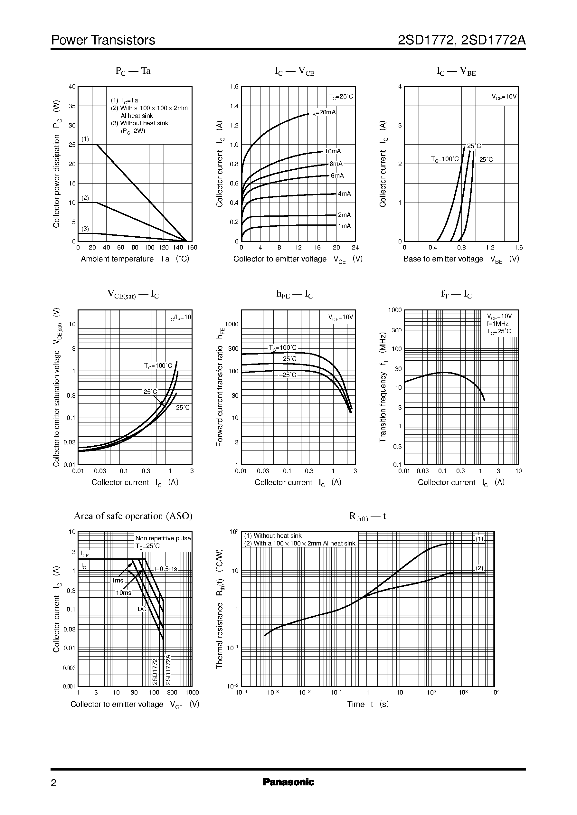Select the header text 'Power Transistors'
click(103, 40)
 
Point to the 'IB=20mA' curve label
click(323, 113)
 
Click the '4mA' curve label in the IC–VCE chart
click(344, 194)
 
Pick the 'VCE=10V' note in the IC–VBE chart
click(504, 97)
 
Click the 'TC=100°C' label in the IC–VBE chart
click(445, 159)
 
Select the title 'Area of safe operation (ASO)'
click(133, 516)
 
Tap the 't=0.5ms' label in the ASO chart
click(166, 568)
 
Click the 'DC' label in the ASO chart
click(142, 609)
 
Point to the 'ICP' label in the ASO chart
click(85, 554)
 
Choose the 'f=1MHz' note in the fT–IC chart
click(497, 324)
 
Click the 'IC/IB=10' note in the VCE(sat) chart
click(180, 317)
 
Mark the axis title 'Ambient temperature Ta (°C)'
click(135, 259)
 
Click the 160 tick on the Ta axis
click(192, 248)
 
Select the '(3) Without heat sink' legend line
click(140, 123)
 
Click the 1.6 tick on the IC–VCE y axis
click(234, 86)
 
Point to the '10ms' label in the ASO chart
click(124, 592)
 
